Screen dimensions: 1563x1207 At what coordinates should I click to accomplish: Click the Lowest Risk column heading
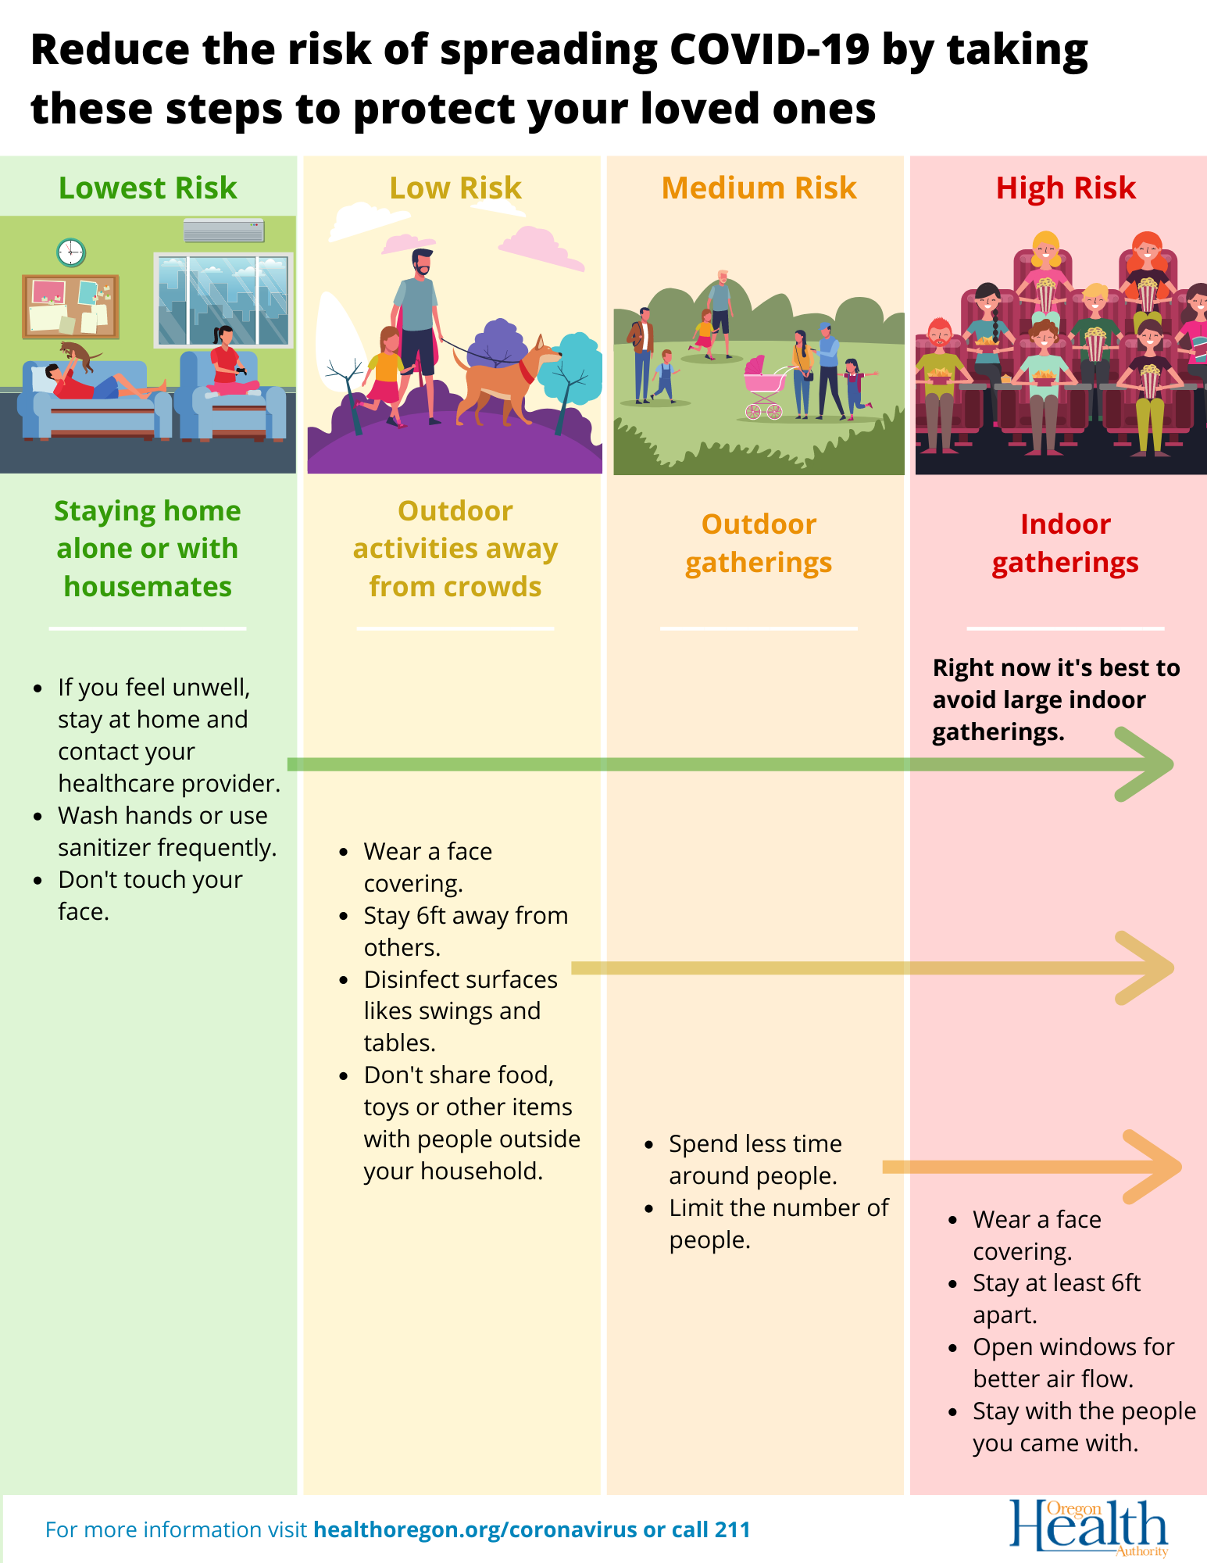[x=148, y=188]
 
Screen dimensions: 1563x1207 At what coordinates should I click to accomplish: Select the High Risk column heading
[x=1066, y=188]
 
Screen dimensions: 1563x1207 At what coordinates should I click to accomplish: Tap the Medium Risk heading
[x=759, y=188]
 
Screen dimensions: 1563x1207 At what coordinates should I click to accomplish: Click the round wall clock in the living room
[x=71, y=252]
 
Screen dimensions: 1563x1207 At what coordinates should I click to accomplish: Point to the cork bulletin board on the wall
[x=70, y=306]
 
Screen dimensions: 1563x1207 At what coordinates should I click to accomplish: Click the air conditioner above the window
[x=223, y=231]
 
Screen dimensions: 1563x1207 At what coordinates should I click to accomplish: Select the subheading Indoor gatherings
[x=1065, y=543]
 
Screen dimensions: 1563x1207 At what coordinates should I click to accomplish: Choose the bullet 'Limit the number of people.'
[x=778, y=1223]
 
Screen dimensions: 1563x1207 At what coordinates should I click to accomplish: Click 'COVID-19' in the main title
[x=770, y=50]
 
